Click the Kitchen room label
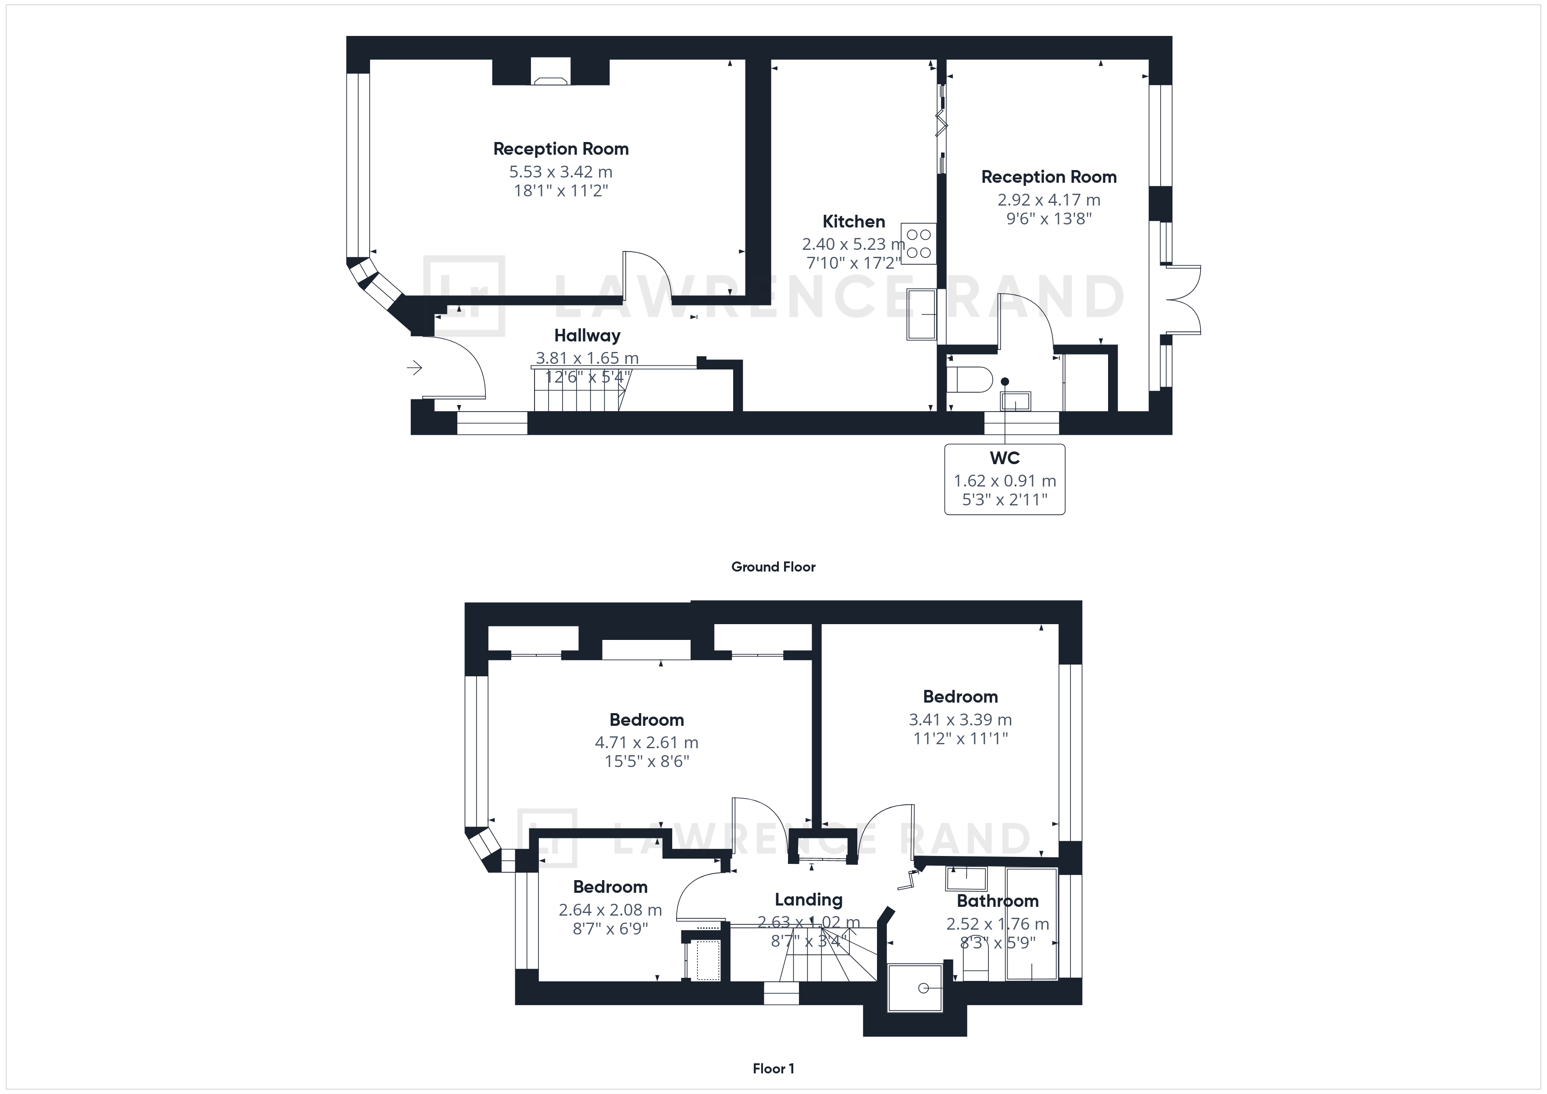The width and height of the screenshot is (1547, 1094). (x=854, y=221)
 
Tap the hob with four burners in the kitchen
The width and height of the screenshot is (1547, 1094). (x=918, y=244)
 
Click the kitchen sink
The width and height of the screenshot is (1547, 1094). (x=921, y=315)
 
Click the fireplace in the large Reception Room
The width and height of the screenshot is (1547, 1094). (x=550, y=71)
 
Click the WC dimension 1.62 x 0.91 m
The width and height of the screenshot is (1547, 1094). (x=1005, y=481)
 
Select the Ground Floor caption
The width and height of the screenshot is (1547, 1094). (x=773, y=567)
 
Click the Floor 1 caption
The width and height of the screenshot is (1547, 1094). (x=773, y=1069)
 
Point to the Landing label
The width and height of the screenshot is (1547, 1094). (x=809, y=899)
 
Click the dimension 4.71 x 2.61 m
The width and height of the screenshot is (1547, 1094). (x=646, y=742)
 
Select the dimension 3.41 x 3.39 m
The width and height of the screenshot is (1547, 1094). (x=960, y=719)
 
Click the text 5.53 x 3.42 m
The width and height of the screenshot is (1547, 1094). (x=560, y=172)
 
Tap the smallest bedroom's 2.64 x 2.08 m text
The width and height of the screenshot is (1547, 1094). (x=610, y=910)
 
